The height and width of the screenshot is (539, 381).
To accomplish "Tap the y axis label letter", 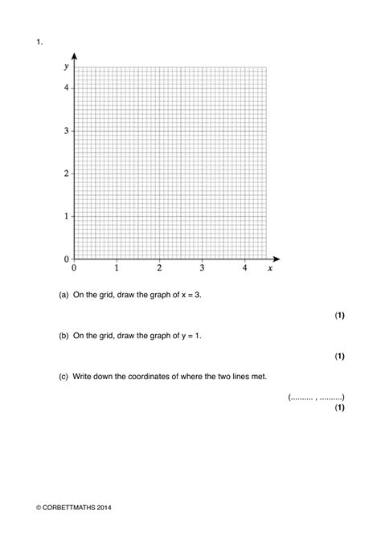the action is coord(66,67).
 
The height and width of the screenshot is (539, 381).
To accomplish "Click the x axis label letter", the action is coord(270,268).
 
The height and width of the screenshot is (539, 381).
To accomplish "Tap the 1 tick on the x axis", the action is coord(117,268).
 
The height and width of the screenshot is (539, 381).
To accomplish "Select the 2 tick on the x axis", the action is coord(159,268).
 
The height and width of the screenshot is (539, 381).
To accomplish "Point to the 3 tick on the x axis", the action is coord(202,268).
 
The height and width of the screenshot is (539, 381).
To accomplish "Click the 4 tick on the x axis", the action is coord(244,268).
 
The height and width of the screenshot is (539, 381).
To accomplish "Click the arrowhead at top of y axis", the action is coord(74,56).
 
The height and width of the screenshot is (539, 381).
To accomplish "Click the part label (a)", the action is coord(63,295).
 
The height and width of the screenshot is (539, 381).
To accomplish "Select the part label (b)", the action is coord(63,336).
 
